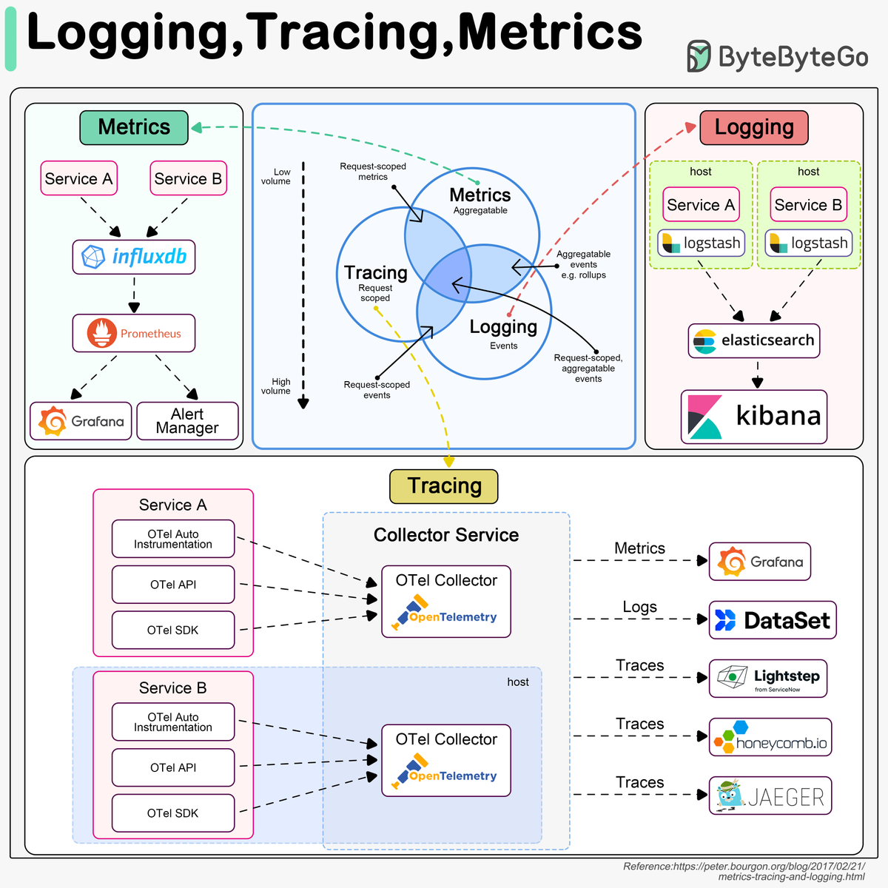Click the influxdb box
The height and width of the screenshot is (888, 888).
[134, 257]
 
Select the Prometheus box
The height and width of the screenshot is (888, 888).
[134, 333]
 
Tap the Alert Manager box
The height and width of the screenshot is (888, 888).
[187, 421]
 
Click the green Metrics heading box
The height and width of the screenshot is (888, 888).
[134, 127]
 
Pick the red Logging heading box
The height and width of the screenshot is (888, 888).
[753, 127]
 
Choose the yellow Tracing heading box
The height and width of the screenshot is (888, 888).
[444, 486]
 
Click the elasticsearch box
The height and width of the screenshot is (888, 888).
[753, 340]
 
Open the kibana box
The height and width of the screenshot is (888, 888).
[753, 417]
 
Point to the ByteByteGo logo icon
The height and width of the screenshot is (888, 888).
[698, 56]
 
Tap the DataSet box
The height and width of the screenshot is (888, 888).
[772, 620]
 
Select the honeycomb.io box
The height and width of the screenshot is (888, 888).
[770, 737]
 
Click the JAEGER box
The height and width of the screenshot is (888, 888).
[770, 795]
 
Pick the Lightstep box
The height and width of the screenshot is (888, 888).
[767, 679]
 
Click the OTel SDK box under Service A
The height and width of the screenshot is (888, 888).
[173, 630]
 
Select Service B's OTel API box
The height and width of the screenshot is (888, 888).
[173, 767]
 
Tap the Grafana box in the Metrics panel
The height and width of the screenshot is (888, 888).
[81, 421]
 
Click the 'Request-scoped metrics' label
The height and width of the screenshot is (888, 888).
[373, 172]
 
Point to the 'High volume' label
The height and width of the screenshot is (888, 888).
[276, 386]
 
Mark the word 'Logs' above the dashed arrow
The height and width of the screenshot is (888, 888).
[639, 608]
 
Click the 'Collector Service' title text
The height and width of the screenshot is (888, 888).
[446, 535]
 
